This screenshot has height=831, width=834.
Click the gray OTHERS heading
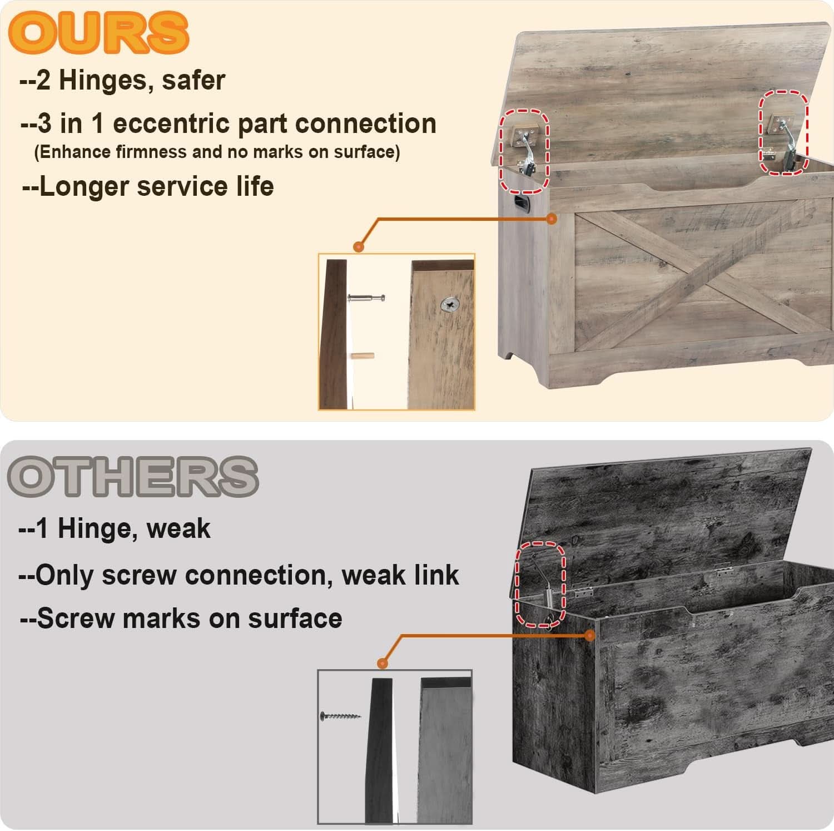[x=133, y=476]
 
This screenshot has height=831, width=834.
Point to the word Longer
[x=85, y=186]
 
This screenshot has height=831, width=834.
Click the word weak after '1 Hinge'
[x=178, y=528]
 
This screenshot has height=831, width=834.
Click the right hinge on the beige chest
[x=785, y=139]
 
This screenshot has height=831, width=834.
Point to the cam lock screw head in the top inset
[x=450, y=304]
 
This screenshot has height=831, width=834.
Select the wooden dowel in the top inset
[x=363, y=356]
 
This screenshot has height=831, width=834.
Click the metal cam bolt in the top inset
[x=366, y=298]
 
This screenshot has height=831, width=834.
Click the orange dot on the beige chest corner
[x=552, y=219]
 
